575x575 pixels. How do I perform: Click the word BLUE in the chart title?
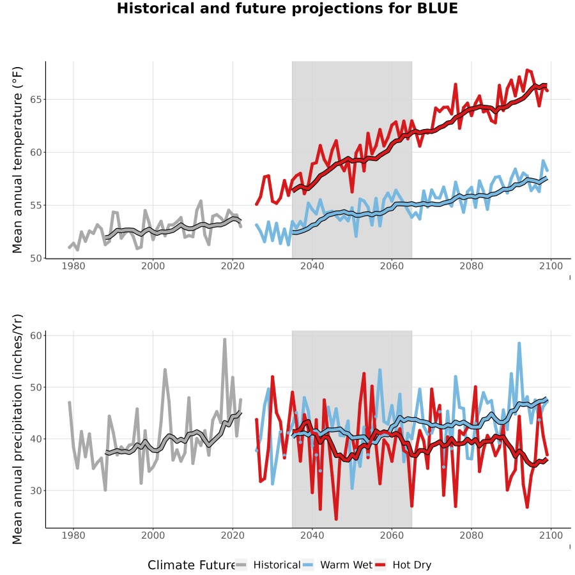(x=438, y=8)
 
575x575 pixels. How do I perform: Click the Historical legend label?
(x=277, y=565)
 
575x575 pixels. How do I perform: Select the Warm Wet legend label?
(x=346, y=565)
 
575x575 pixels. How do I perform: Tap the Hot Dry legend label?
(x=412, y=565)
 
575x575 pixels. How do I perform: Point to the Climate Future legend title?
(x=192, y=565)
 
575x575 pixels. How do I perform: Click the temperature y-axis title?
(x=17, y=160)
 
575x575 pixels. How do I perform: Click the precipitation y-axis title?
(x=17, y=429)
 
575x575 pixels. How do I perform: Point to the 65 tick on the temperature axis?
(x=36, y=100)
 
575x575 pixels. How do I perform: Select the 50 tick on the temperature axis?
(x=36, y=258)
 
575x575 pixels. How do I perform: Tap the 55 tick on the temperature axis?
(x=36, y=205)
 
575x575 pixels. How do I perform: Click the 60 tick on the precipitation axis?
(x=36, y=335)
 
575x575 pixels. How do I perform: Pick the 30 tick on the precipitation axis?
(x=36, y=490)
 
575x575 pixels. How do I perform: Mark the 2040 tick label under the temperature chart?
(x=312, y=266)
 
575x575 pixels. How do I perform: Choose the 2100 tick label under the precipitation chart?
(x=551, y=535)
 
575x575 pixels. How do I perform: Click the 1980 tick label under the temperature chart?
(x=73, y=266)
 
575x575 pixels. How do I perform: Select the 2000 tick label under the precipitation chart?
(x=153, y=535)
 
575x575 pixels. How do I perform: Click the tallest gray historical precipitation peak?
(x=224, y=340)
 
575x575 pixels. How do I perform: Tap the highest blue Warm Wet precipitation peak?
(x=519, y=344)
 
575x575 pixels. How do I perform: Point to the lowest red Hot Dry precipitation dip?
(x=336, y=519)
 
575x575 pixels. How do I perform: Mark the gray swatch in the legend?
(x=241, y=565)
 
